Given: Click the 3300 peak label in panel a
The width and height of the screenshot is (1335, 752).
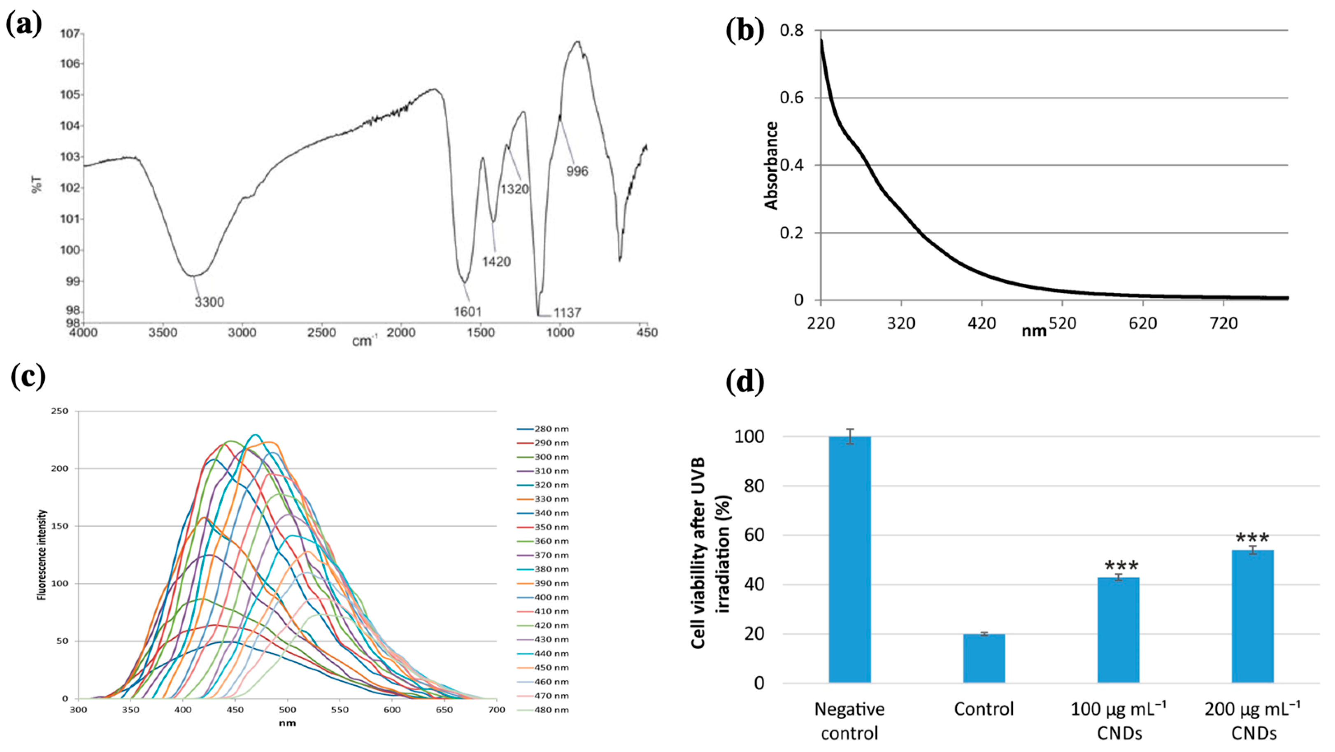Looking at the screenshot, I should point(209,302).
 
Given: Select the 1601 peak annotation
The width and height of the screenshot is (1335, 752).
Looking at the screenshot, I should point(467,312).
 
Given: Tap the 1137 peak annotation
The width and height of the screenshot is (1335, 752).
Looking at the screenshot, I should point(567,313).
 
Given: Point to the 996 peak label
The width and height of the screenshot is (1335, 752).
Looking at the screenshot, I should point(577,171).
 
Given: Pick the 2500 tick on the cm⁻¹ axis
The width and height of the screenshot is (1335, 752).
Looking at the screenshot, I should point(321,332).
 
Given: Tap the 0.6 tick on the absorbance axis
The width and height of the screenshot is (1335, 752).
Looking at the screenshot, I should point(791,98).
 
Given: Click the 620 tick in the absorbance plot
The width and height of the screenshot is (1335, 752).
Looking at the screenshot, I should point(1142,324).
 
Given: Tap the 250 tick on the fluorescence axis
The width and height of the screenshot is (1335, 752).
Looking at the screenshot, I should point(60,411).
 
